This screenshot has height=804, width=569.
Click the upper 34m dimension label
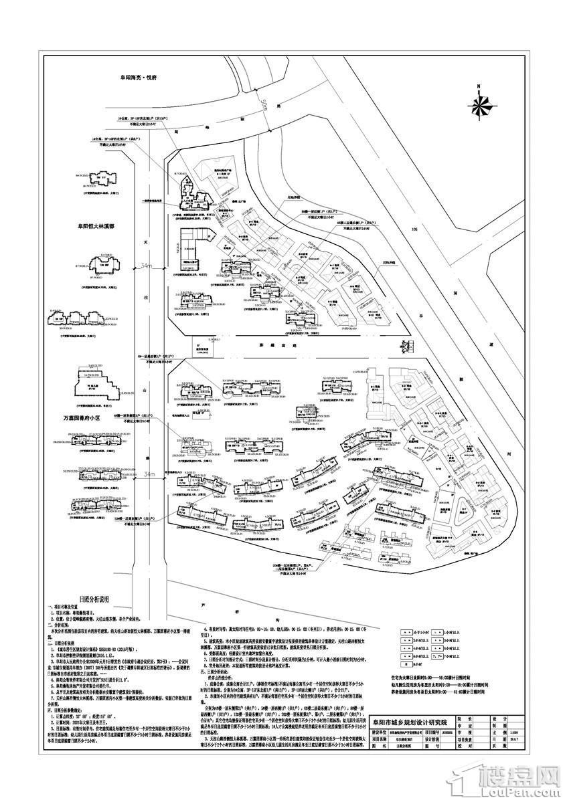[145, 266]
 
